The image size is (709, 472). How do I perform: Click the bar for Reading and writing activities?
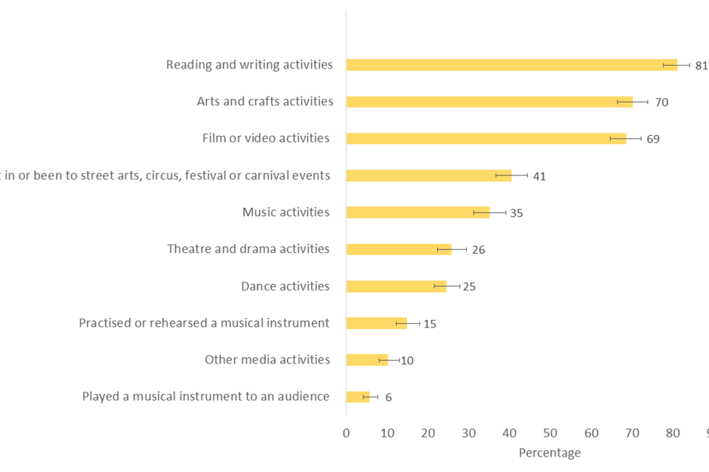511,65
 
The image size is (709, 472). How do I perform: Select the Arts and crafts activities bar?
489,102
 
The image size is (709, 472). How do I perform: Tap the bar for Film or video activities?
486,139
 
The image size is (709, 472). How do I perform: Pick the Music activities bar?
417,212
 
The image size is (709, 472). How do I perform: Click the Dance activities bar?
396,286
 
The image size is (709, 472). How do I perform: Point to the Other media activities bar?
366,360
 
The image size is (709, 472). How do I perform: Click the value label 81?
701,66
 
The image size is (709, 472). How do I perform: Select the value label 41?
539,176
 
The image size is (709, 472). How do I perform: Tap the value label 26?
478,250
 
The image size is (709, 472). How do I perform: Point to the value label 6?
388,398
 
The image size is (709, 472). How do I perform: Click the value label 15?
430,324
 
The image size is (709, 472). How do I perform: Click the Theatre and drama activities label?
248,249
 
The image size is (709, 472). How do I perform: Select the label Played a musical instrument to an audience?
205,397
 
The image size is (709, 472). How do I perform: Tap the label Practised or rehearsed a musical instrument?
204,323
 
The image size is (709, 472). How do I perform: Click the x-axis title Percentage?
549,453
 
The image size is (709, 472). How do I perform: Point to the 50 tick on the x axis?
550,433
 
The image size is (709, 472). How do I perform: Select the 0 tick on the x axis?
346,433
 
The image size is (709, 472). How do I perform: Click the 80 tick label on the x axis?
673,433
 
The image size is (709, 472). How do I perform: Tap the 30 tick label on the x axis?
469,433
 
